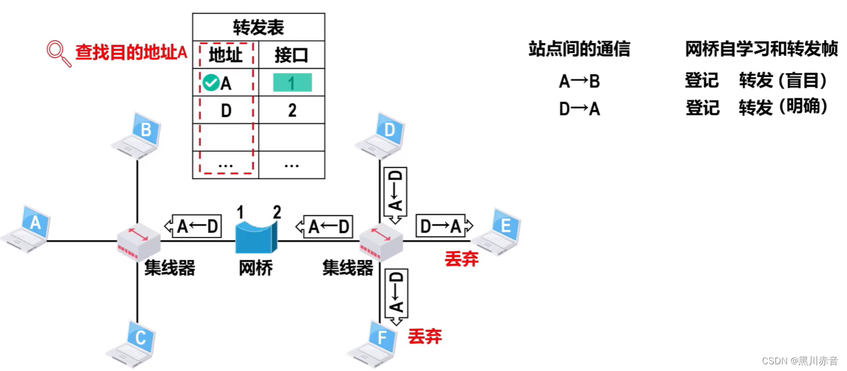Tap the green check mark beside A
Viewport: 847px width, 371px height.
coord(211,83)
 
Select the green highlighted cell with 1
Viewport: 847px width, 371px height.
coord(292,83)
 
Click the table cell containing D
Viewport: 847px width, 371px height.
coord(226,110)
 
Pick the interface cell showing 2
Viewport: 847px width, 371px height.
coord(292,110)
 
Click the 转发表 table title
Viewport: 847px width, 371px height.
coord(258,27)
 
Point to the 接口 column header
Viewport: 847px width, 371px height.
coord(292,55)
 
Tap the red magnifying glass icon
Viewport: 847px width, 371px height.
coord(59,54)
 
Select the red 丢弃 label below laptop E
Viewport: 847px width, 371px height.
coord(462,259)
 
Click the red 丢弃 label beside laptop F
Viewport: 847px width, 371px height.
coord(425,336)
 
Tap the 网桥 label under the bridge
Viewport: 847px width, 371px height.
coord(255,269)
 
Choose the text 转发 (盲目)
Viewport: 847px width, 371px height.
coord(783,81)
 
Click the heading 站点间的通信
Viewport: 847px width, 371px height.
coord(579,50)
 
